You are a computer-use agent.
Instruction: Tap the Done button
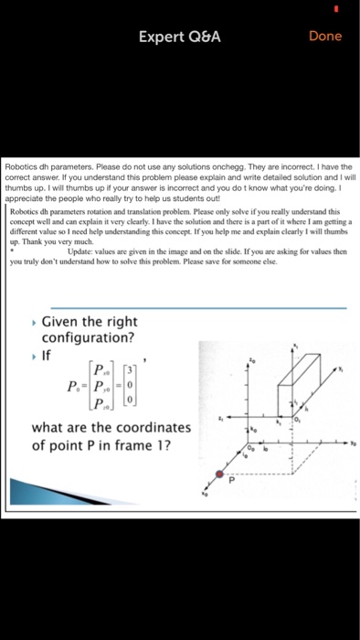coord(325,36)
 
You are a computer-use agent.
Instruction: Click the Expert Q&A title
coord(179,37)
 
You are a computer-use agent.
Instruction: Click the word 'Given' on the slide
coord(64,322)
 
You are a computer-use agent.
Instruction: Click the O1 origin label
coord(298,420)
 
